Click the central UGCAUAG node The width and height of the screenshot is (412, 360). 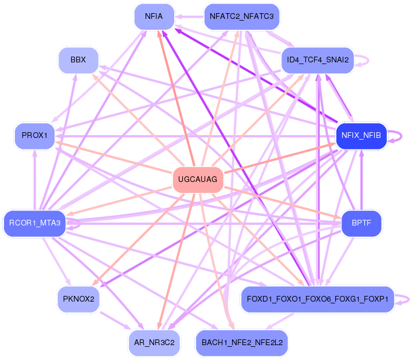coord(198,180)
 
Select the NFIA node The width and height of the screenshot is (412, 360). coord(154,17)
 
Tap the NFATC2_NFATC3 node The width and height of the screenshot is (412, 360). coord(242,17)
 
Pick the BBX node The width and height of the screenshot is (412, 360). coord(79,60)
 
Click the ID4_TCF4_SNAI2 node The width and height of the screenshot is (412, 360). coord(317,60)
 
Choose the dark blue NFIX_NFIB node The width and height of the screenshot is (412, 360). coord(362,136)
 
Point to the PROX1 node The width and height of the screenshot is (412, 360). coord(34,136)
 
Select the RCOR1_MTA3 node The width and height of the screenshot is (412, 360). coord(34,223)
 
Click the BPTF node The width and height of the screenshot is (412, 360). coord(362,223)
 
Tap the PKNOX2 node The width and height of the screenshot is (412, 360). coord(79,299)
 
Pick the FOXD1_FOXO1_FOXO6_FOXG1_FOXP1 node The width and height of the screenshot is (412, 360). coord(317,299)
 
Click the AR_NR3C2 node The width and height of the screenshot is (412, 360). coord(154,343)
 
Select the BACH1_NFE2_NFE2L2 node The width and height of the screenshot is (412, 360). coord(242,343)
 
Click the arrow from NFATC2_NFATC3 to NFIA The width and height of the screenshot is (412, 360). coord(189,17)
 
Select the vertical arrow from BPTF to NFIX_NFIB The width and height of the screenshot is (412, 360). coord(362,180)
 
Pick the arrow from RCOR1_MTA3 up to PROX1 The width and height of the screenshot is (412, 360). coord(35,180)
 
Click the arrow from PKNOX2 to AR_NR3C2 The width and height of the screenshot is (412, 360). coord(115,320)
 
